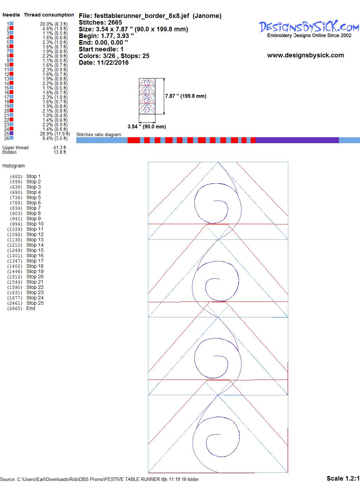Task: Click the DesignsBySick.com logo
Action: [x=309, y=29]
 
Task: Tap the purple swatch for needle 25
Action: [x=11, y=133]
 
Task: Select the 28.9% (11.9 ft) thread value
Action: [x=55, y=134]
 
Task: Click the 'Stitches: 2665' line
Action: [x=100, y=23]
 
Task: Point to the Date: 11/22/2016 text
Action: [x=104, y=63]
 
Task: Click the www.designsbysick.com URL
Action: [x=306, y=55]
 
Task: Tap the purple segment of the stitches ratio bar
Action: [x=297, y=140]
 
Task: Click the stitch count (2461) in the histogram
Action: [x=15, y=303]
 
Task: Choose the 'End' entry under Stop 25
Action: [x=31, y=308]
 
